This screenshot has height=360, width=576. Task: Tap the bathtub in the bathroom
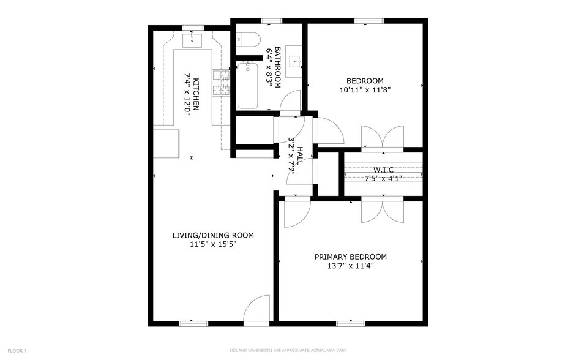click(x=247, y=85)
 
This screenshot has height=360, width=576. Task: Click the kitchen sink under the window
click(x=193, y=42)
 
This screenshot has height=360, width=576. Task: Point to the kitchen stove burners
click(x=220, y=83)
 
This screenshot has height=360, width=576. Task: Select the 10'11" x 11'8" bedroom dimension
click(x=365, y=89)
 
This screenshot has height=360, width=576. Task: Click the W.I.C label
click(x=383, y=170)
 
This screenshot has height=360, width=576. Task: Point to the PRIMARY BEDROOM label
click(x=350, y=257)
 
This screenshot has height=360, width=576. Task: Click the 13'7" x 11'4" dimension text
click(x=350, y=266)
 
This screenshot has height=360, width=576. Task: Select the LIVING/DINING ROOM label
click(x=212, y=235)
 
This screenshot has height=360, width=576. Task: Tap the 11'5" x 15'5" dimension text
click(x=212, y=244)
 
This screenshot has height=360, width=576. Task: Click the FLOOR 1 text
click(x=17, y=351)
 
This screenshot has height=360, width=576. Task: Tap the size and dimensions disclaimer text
click(x=287, y=351)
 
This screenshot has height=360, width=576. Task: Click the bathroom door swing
click(x=290, y=101)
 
